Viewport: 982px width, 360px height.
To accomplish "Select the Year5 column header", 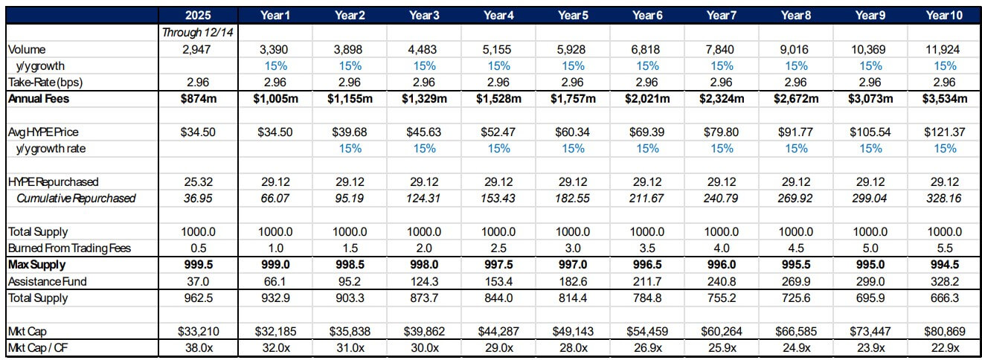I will tap(572, 15).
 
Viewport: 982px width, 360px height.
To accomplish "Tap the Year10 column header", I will tap(945, 15).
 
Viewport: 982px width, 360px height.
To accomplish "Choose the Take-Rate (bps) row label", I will tap(44, 82).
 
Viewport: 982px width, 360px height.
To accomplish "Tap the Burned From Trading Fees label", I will tap(68, 248).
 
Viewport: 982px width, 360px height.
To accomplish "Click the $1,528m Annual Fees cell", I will tap(498, 98).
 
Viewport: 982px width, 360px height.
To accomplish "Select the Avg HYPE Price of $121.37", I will tap(945, 132).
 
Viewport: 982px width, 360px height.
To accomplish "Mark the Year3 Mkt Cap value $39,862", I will tap(423, 332).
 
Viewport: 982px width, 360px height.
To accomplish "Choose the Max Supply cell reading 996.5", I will tap(646, 265).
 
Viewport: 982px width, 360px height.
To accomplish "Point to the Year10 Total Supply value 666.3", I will tap(945, 298).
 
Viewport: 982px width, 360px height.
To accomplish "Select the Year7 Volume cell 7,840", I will tap(721, 49).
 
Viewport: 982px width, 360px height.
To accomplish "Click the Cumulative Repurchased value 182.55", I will tap(572, 199).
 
